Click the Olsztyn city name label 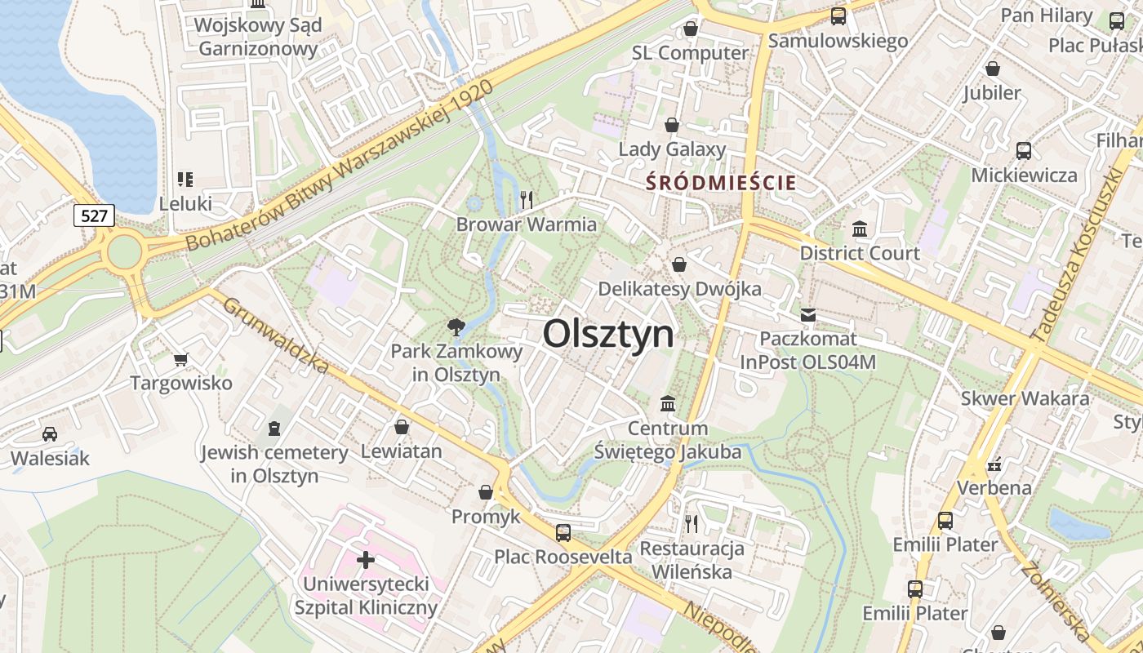pos(608,334)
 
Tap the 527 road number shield pos(94,215)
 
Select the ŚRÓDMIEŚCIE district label pos(721,183)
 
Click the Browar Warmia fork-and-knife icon pos(527,199)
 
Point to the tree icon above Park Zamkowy pos(456,327)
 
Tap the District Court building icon pos(860,229)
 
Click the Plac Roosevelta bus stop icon pos(563,533)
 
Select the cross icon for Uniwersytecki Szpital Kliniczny pos(366,560)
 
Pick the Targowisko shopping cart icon pos(181,358)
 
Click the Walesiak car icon pos(50,433)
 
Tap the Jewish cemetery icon pos(274,428)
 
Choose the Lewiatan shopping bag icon pos(401,427)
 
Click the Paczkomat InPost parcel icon pos(808,314)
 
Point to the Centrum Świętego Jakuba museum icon pos(668,404)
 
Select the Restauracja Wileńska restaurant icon pos(692,523)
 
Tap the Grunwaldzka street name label pos(275,335)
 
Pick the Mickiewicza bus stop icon pos(1024,150)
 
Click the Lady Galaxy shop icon pos(672,125)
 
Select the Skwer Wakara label pos(1025,398)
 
